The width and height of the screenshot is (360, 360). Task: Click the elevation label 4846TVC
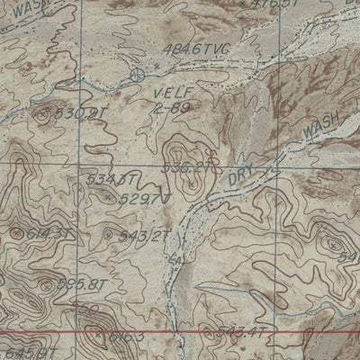click(x=199, y=49)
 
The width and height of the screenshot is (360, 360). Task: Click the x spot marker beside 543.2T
click(x=110, y=236)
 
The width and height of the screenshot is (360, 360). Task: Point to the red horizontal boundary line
click(x=180, y=332)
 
